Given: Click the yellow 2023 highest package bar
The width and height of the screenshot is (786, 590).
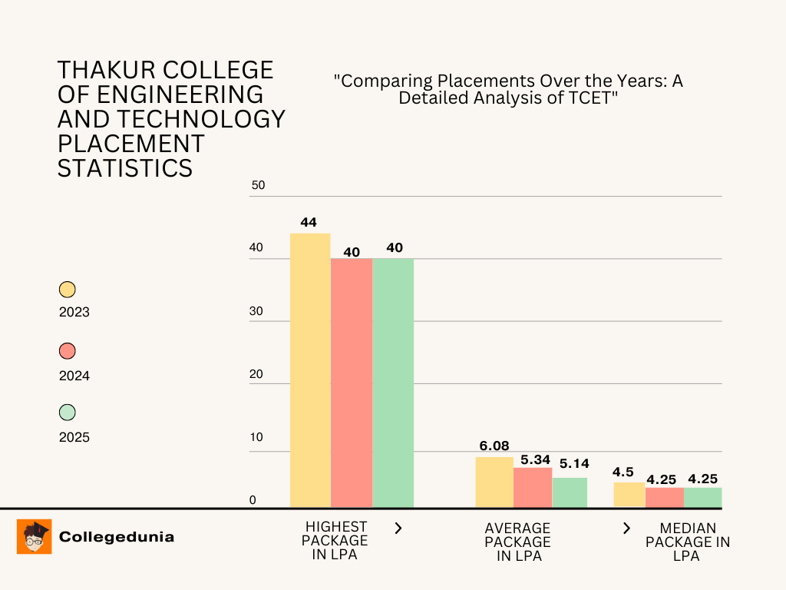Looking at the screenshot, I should point(310,370).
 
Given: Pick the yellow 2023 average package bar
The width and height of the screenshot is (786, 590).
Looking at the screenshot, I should point(494,482).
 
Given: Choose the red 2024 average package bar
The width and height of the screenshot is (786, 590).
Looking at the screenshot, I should point(533,487).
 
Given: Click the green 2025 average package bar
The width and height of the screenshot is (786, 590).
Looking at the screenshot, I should point(570,492).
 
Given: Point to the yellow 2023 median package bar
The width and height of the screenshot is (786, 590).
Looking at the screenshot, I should point(629,495).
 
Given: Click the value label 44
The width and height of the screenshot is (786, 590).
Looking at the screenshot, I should point(309,223).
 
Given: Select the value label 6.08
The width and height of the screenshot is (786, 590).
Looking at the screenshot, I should point(494,446).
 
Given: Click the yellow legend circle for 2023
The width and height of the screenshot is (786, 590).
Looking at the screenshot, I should point(68,290).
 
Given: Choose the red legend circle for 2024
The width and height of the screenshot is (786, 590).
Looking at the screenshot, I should point(68,351).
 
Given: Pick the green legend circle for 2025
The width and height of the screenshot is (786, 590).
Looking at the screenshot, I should point(68,413).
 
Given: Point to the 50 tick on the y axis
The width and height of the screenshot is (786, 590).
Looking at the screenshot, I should point(258,185).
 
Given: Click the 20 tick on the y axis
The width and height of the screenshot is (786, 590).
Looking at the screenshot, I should point(257,374).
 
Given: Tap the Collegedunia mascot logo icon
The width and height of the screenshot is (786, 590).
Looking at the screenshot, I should point(34,536).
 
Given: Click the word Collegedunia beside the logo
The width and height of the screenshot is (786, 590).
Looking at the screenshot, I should point(117,537).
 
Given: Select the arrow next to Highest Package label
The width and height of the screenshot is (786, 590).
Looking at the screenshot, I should point(398,528).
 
